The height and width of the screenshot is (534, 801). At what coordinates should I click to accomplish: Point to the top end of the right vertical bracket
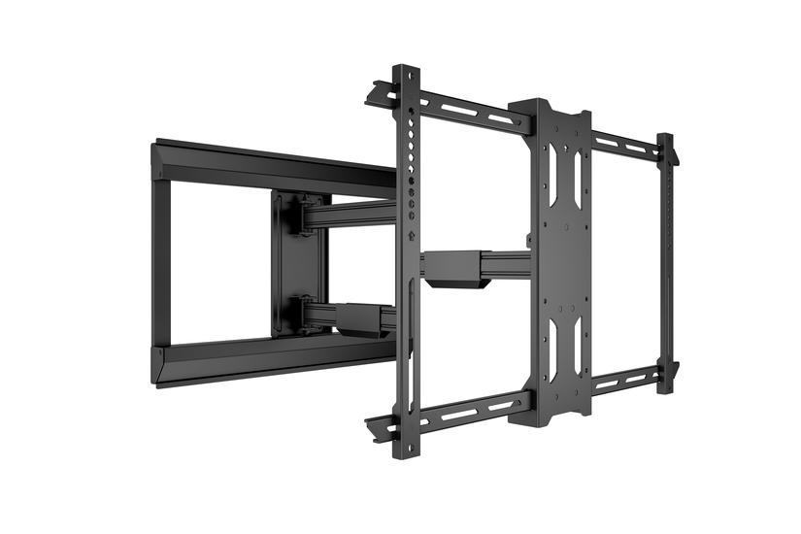666,142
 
